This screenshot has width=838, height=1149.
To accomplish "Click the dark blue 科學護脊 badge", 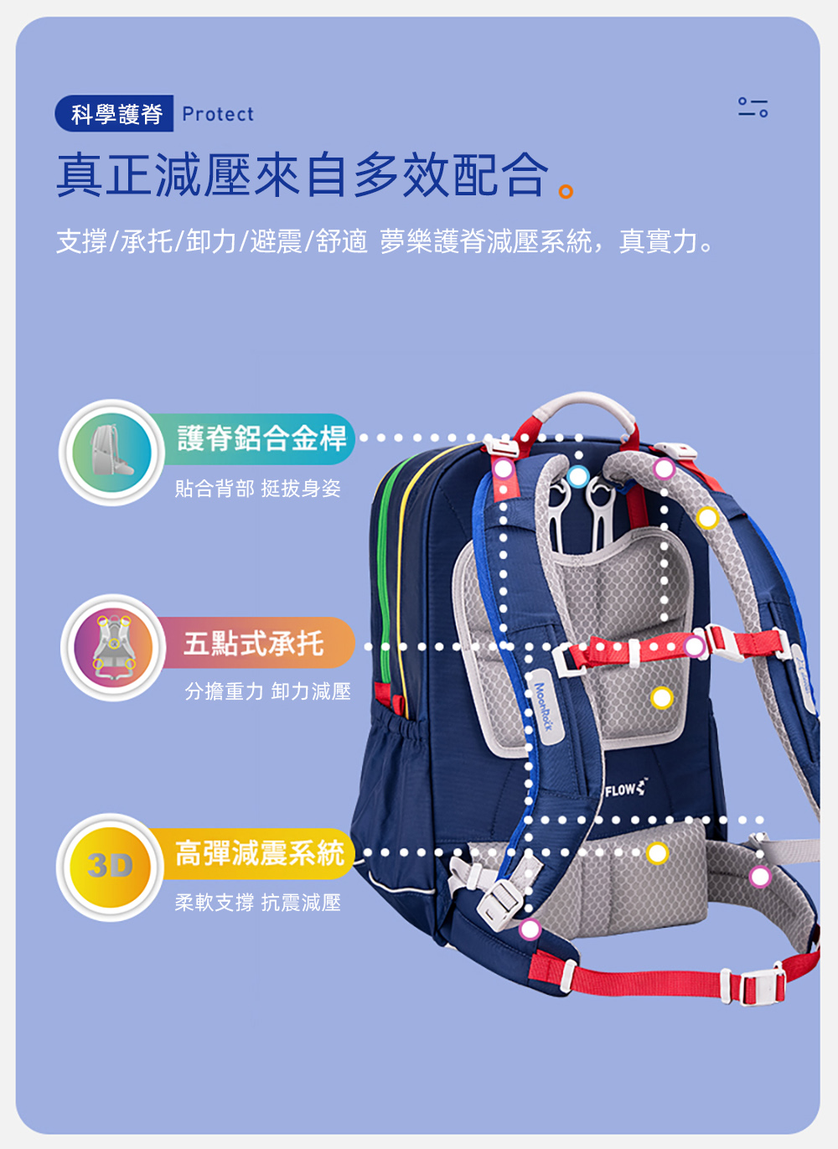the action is point(114,113).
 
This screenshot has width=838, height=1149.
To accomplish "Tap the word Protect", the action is point(218,114).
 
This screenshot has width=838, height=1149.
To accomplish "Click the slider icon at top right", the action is point(753,106).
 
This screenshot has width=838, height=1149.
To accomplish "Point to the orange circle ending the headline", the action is point(566,191).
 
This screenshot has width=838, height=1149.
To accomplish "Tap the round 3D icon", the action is point(111,867).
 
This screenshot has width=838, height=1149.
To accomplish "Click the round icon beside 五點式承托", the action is point(113,647).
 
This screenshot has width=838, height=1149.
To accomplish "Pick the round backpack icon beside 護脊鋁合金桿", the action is point(111,453).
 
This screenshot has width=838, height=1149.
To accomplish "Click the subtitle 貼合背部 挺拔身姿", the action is point(257,489).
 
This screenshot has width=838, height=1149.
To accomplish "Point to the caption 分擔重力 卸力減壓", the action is point(267,691).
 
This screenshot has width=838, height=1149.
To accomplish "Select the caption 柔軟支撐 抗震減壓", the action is point(257,903).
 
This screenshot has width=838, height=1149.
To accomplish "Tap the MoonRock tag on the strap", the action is point(544,706).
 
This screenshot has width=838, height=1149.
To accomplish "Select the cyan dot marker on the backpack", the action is point(578,476).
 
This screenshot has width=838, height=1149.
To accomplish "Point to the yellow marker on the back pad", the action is point(662,698).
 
